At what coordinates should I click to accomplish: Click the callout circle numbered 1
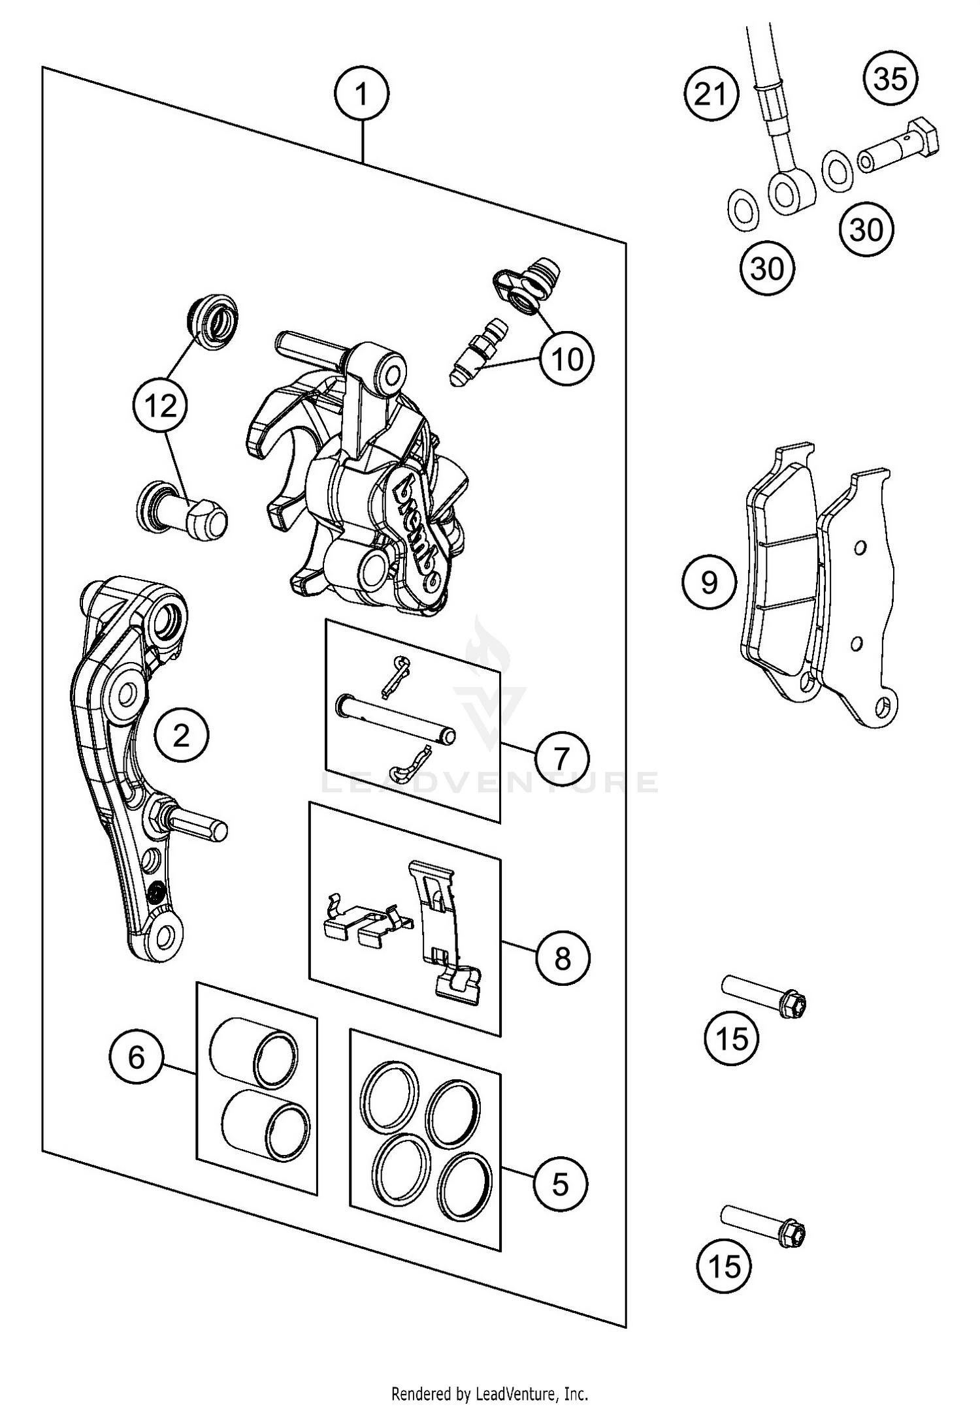point(361,95)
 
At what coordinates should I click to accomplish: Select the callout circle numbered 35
point(890,79)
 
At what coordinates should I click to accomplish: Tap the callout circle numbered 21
point(711,95)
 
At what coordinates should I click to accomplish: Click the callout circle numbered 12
point(161,406)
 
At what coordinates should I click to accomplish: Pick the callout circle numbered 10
point(566,358)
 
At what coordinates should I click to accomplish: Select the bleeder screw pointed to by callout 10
point(474,356)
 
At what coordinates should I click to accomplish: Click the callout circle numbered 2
point(181,736)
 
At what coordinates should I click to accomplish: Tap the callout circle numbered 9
point(709,582)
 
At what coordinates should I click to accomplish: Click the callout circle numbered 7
point(562,758)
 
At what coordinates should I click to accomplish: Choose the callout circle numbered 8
point(562,958)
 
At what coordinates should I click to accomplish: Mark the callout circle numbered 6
point(136,1056)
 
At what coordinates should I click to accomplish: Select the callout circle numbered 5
point(561,1184)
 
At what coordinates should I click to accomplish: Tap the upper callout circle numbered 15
point(731,1037)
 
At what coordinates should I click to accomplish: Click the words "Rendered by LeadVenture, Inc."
point(490,1393)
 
